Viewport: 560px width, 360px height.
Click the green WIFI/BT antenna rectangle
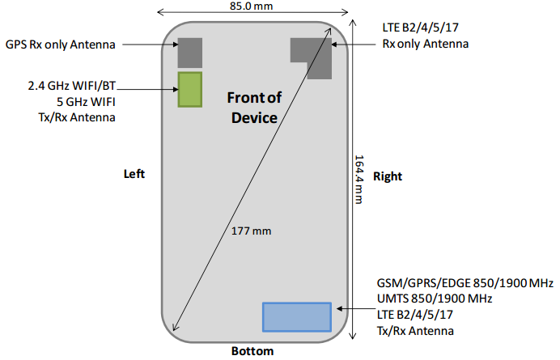tap(190, 89)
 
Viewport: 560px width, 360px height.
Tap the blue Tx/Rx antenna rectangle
tap(297, 316)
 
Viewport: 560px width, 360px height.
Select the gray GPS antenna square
tap(191, 53)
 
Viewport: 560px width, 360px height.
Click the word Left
tap(134, 174)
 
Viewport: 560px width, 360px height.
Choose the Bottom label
tap(252, 351)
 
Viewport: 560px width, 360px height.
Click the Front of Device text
tap(253, 108)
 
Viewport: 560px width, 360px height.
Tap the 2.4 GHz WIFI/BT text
tap(70, 83)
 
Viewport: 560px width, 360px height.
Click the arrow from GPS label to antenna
tap(151, 44)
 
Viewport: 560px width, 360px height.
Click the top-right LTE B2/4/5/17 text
tap(421, 28)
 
